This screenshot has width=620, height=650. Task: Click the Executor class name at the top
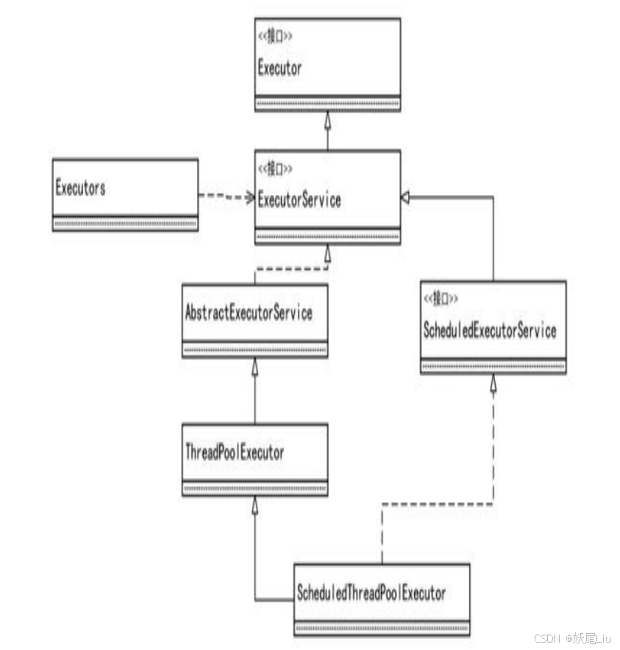[279, 68]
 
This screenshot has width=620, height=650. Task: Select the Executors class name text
[80, 187]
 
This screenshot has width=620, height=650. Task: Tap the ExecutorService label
[299, 199]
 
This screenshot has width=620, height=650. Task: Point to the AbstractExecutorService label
[249, 312]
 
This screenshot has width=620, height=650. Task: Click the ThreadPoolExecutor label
[234, 452]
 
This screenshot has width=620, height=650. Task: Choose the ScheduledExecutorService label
[490, 331]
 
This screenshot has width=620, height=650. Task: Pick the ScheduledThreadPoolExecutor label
[371, 591]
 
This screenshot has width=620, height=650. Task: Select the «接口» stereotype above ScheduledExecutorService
[441, 299]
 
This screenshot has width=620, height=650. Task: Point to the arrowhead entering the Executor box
[327, 118]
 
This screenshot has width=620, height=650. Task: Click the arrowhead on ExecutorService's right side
[406, 197]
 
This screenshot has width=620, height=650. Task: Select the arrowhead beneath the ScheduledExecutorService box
[493, 382]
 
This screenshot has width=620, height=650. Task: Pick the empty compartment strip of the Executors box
[125, 224]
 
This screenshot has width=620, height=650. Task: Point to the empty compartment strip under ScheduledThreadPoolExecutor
[382, 628]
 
